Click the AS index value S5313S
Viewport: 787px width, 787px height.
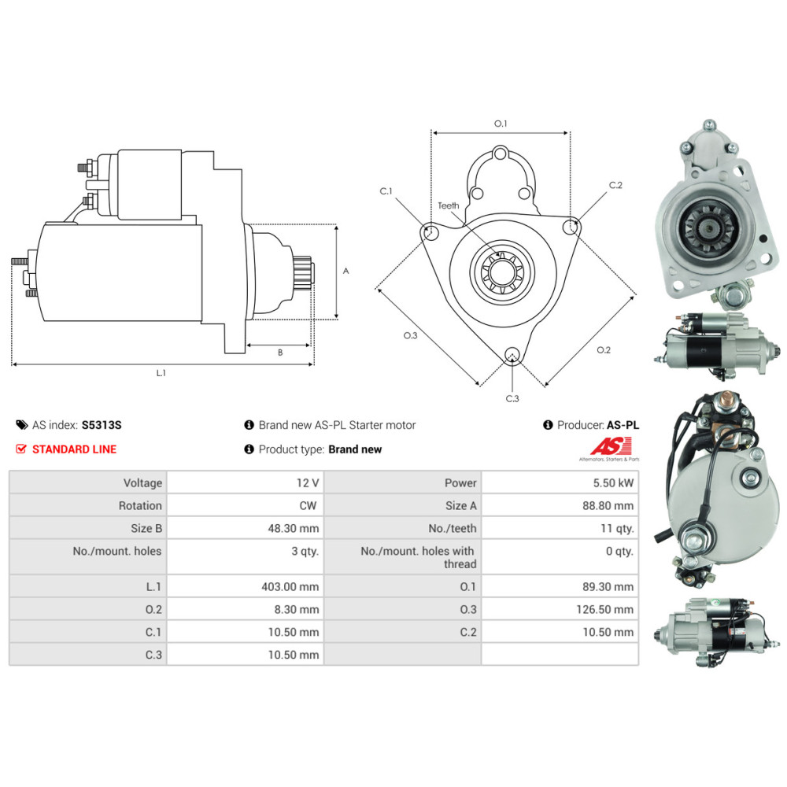[102, 425]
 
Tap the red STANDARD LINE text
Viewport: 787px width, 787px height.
[74, 449]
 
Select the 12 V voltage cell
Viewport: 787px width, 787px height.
[308, 483]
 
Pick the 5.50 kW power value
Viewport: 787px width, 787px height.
[613, 483]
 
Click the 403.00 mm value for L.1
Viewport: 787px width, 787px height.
[290, 587]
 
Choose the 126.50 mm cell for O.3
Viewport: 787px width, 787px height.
[604, 609]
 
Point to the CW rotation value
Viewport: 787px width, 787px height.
[309, 505]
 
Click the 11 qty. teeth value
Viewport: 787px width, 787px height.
[617, 528]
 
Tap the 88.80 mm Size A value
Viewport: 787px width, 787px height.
[608, 505]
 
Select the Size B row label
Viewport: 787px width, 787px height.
[146, 528]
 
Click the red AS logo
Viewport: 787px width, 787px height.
[611, 446]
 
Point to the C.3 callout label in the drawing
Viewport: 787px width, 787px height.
[512, 398]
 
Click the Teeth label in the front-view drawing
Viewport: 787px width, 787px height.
[449, 205]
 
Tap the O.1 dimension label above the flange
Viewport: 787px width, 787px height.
[501, 124]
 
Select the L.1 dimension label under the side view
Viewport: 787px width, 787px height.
[161, 373]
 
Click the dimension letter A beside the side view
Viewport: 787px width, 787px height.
[345, 271]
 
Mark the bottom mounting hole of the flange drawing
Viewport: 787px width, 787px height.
[512, 354]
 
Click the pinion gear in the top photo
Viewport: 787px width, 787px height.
[709, 229]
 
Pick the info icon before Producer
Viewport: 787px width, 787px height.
[548, 425]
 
